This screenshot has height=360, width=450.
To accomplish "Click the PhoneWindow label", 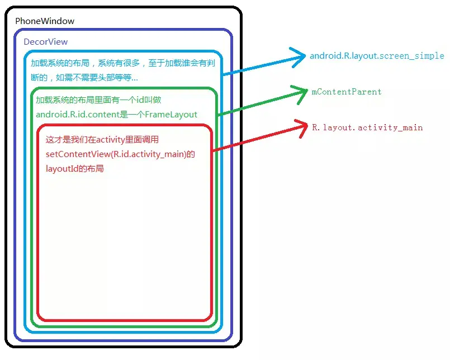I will tap(45, 21).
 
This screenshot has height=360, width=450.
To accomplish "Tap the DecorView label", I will tap(46, 42).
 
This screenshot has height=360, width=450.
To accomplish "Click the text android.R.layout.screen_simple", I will tap(377, 56).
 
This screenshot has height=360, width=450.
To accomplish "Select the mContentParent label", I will tap(347, 92).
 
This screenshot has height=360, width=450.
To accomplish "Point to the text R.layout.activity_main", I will tap(367, 127).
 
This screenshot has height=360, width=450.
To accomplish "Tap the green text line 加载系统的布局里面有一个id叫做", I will tap(98, 101).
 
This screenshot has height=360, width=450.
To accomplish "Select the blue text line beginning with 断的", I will tap(84, 77).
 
